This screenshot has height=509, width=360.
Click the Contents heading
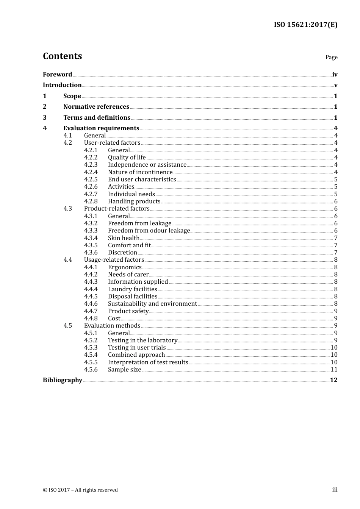pos(62,56)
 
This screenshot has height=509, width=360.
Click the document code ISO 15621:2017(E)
pos(305,25)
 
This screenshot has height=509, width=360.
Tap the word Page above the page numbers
pos(331,57)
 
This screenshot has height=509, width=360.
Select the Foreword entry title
pos(57,74)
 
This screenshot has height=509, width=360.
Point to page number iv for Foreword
pos(335,75)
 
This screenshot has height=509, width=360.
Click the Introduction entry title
pos(62,85)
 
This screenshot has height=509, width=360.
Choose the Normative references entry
pos(96,106)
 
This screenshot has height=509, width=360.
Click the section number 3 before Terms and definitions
pos(45,117)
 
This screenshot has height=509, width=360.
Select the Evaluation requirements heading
pos(101,128)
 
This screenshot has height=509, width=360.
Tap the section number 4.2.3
pos(91,165)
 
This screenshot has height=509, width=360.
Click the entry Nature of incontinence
pos(140,172)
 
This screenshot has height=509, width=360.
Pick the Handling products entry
pos(134,201)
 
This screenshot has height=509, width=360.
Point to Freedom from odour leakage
pos(149,231)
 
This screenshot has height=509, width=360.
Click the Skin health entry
pos(124,238)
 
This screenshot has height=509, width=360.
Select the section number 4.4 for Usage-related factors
pos(67,260)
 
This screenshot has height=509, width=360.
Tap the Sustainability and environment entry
pos(152,304)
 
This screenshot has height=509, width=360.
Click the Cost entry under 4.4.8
pos(114,319)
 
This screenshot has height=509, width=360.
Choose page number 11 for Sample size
pos(334,370)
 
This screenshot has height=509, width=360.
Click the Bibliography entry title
pos(63,380)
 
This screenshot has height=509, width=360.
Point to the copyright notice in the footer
pos(80,490)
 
